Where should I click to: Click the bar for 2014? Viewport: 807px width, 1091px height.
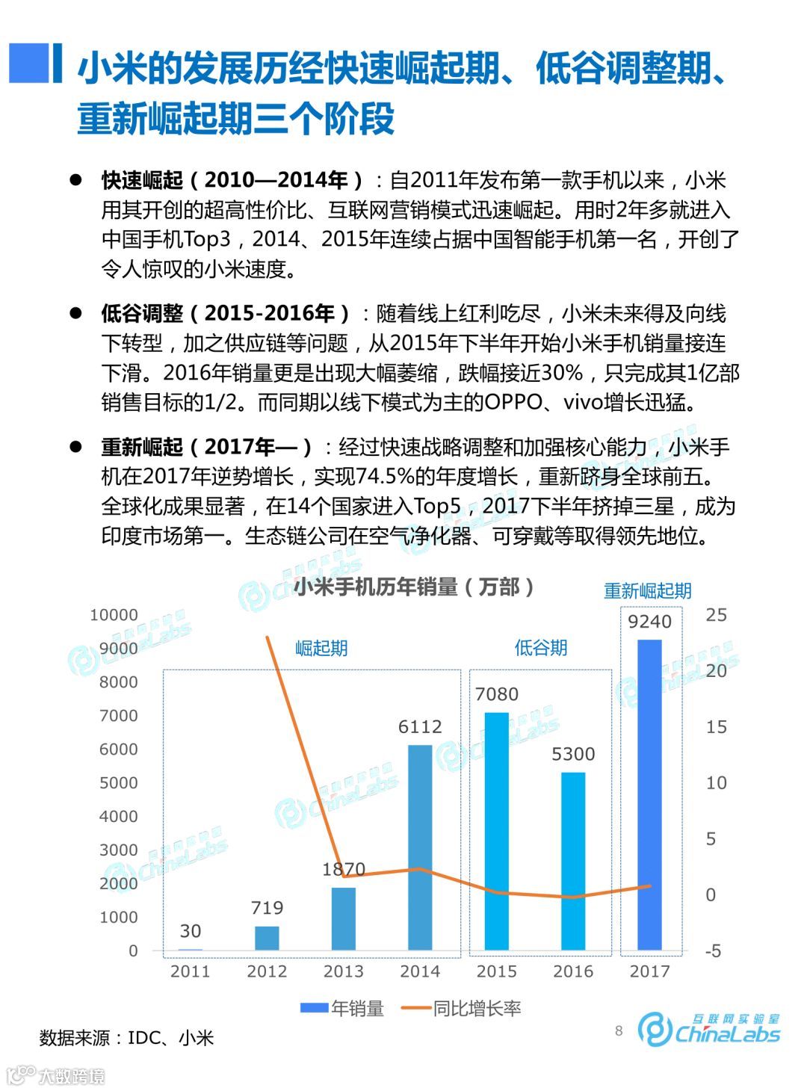420,847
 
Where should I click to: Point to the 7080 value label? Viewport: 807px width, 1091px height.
497,694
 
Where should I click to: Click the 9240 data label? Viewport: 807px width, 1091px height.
649,622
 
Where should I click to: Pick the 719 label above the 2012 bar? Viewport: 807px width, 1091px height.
267,908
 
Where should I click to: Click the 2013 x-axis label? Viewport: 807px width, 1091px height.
344,971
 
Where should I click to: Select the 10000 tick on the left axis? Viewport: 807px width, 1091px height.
114,615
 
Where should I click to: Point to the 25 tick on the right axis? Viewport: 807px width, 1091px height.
716,615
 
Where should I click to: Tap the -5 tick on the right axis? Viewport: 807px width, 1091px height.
713,951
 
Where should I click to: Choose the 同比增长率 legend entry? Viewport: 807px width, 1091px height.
462,1009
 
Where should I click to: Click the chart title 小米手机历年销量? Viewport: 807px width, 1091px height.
414,587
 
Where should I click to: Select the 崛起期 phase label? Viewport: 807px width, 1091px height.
321,648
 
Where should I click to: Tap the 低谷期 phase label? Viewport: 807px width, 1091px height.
541,648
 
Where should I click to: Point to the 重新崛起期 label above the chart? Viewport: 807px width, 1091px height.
647,591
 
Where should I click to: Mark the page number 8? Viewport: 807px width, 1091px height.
619,1031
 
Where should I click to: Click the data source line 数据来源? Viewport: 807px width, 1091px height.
126,1038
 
